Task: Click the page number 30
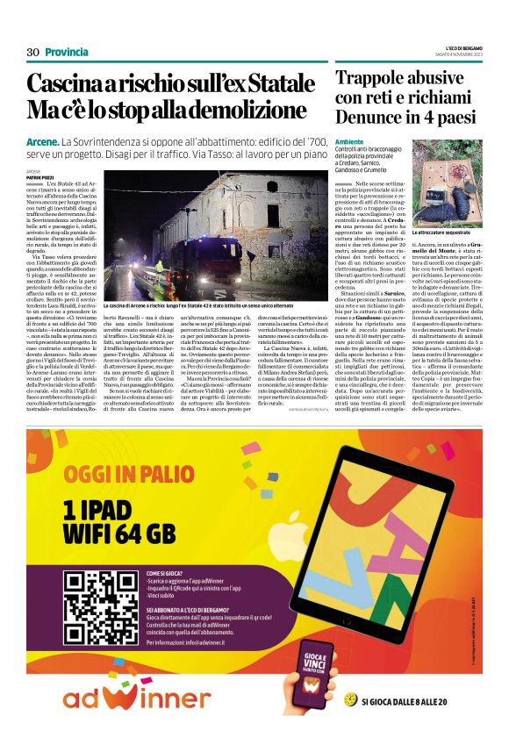[x=33, y=52]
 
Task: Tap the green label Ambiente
[x=349, y=141]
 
